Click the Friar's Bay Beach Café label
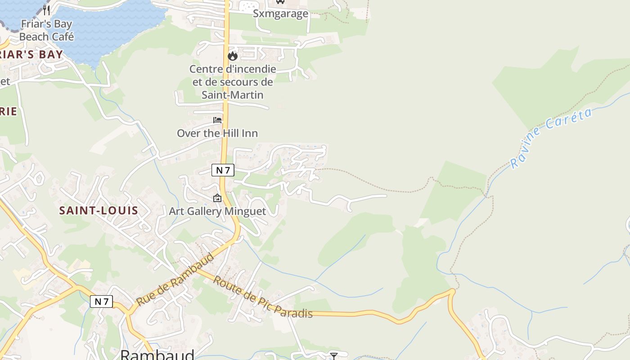[46, 30]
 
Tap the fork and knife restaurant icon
[46, 9]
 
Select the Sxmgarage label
[280, 13]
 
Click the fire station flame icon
[233, 56]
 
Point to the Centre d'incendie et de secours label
[233, 82]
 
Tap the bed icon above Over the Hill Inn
[217, 120]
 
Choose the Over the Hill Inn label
[217, 133]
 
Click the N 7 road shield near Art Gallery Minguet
[223, 170]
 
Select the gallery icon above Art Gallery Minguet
[217, 198]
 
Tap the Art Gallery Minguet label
[217, 211]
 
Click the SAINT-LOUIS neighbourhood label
[99, 210]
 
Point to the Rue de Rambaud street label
[175, 279]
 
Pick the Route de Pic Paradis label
[262, 297]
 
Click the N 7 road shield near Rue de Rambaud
[101, 301]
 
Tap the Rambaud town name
[157, 355]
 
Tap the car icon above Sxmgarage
[280, 1]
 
